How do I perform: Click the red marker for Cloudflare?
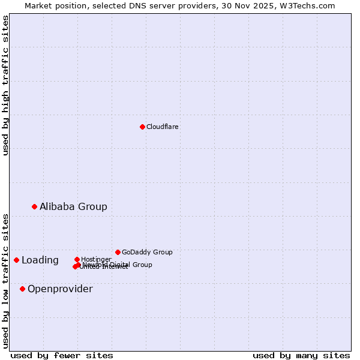(x=142, y=127)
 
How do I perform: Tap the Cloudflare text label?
(x=163, y=127)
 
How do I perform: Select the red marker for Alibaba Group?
(x=34, y=206)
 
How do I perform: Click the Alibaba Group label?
(x=73, y=206)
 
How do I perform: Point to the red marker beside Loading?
(x=16, y=260)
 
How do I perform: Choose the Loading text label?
(x=40, y=260)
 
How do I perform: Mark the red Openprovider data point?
(x=22, y=289)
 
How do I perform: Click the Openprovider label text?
(x=60, y=289)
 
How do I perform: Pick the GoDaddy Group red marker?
(x=118, y=252)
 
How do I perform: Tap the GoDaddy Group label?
(x=147, y=252)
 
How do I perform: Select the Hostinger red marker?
(x=77, y=259)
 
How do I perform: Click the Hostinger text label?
(x=96, y=259)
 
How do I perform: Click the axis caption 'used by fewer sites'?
(x=62, y=355)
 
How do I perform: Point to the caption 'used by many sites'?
(x=301, y=355)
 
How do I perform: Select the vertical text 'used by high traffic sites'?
(x=5, y=85)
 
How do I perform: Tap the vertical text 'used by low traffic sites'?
(x=5, y=280)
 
